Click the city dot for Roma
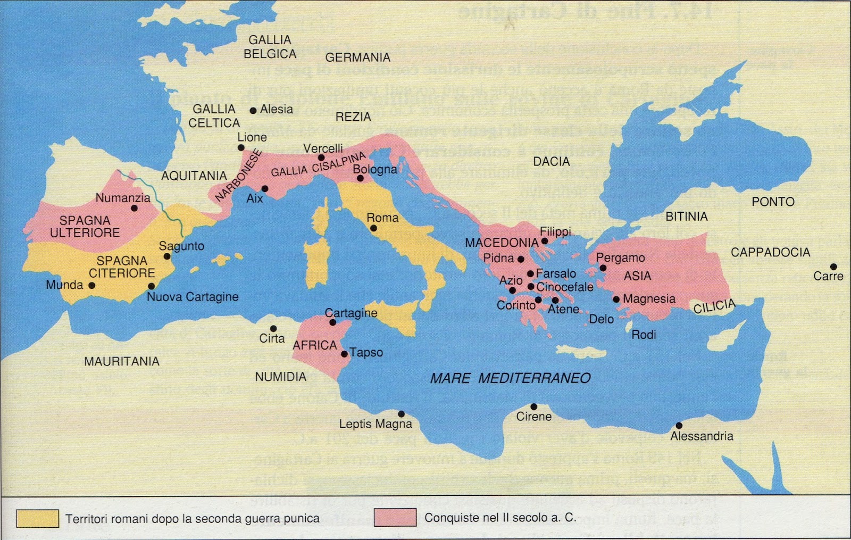click(374, 228)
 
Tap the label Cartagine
click(351, 313)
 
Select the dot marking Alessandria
click(679, 426)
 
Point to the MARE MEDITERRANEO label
click(510, 378)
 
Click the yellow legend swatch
click(37, 518)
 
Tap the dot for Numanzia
click(134, 208)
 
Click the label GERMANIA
click(357, 57)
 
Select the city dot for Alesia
click(253, 111)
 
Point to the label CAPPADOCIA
click(770, 252)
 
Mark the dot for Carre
click(833, 267)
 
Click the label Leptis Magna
click(376, 424)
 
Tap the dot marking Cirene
click(533, 407)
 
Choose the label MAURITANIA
click(122, 361)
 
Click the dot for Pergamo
click(603, 268)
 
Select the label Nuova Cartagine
click(193, 297)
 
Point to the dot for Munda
click(92, 285)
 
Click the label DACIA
click(552, 161)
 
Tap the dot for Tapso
click(345, 354)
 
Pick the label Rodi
click(643, 335)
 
